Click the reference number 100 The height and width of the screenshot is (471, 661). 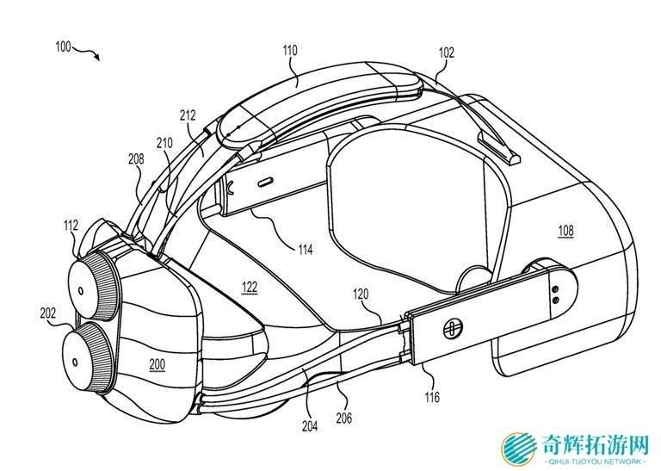pos(63,46)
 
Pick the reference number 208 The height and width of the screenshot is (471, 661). pos(137,159)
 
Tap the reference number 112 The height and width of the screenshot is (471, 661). pos(71,226)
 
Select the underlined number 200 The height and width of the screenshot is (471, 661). pos(157,364)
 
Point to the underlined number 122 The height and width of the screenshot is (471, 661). pos(249,288)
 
